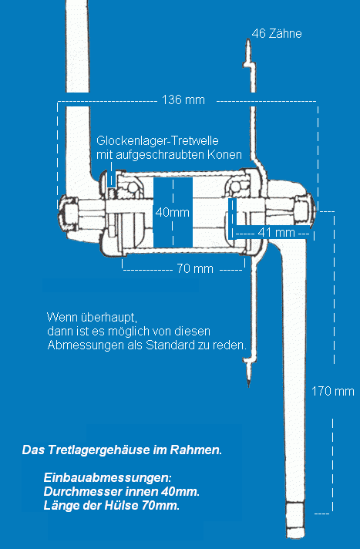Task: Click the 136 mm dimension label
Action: click(x=183, y=99)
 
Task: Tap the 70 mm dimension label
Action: click(x=195, y=268)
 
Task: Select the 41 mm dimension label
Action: click(x=276, y=233)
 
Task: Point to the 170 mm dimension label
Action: click(x=333, y=391)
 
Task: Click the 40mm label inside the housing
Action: click(x=173, y=212)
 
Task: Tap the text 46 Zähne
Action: click(x=277, y=34)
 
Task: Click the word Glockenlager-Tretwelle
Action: click(x=157, y=141)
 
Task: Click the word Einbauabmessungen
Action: click(x=108, y=477)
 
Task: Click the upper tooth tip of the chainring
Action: click(x=247, y=39)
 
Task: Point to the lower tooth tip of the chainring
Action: click(x=249, y=386)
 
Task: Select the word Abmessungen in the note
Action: click(x=85, y=345)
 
